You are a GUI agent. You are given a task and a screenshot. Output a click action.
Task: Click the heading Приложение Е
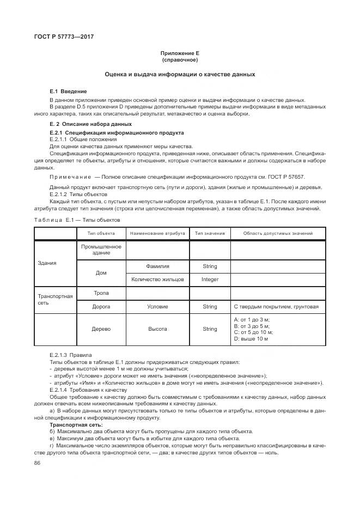(180, 53)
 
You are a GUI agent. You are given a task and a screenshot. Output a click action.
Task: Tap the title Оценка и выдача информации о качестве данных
(180, 74)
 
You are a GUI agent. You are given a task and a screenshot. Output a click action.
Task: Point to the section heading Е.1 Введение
(68, 91)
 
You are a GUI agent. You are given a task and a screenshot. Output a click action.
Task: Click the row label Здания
(47, 263)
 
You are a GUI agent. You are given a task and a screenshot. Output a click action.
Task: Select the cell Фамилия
(157, 266)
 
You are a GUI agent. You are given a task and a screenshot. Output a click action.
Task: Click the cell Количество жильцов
(157, 280)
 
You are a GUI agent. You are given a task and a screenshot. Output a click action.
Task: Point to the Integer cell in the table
(210, 280)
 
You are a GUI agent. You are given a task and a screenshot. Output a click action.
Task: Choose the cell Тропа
(101, 293)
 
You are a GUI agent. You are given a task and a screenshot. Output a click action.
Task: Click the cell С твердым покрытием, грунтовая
(276, 307)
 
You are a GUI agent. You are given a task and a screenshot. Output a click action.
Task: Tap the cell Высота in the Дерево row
(157, 329)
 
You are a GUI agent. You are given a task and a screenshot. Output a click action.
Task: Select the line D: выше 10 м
(251, 339)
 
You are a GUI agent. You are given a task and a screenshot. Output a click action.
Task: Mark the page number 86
(38, 463)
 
